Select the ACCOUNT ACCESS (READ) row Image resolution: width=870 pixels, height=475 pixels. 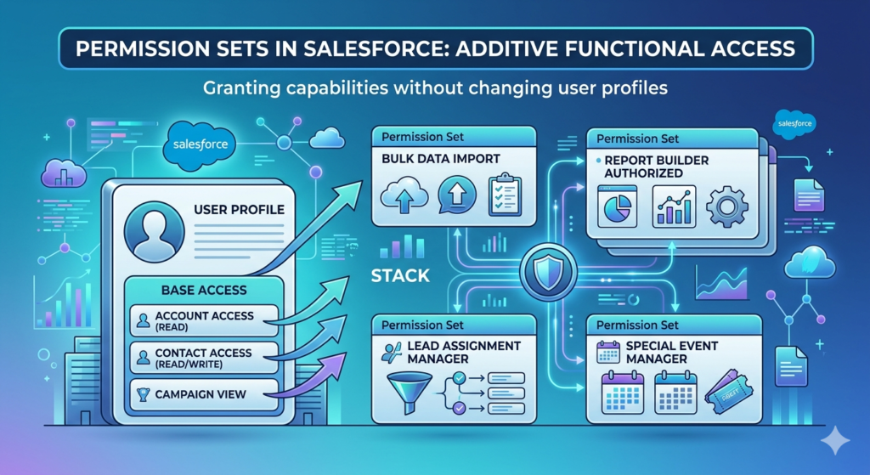click(203, 319)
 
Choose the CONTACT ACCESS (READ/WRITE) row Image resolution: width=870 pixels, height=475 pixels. click(203, 357)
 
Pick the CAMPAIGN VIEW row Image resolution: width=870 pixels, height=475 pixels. click(203, 394)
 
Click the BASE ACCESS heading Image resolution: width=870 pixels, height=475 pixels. click(203, 290)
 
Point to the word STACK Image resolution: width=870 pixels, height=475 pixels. click(399, 276)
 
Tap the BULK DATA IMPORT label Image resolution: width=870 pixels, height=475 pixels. click(441, 158)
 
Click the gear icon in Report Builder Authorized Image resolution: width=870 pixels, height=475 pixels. click(726, 206)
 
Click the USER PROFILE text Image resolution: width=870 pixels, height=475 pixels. click(239, 209)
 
